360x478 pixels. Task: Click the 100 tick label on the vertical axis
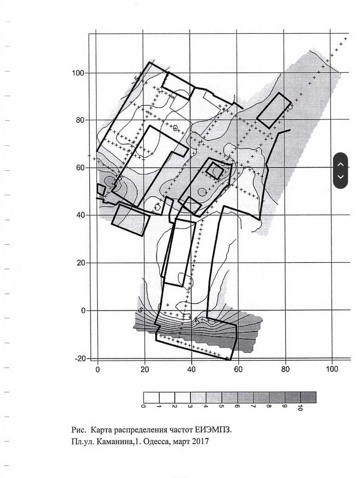tap(78, 73)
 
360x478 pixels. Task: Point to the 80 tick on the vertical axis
tap(80, 120)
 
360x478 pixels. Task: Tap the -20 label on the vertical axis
tap(80, 358)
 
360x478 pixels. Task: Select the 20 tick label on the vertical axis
tap(81, 263)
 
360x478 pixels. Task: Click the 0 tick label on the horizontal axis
tap(98, 369)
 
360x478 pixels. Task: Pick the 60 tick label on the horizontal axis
tap(238, 369)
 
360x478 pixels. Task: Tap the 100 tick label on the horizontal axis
tap(332, 369)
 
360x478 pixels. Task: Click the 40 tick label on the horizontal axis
tap(191, 369)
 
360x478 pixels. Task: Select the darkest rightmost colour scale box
tap(308, 398)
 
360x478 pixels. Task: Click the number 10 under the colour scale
tap(300, 408)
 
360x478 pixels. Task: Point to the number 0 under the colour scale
tap(143, 406)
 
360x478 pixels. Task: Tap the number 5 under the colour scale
tap(222, 406)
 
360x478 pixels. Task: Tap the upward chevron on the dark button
tap(340, 165)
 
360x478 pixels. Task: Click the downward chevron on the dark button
tap(340, 177)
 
